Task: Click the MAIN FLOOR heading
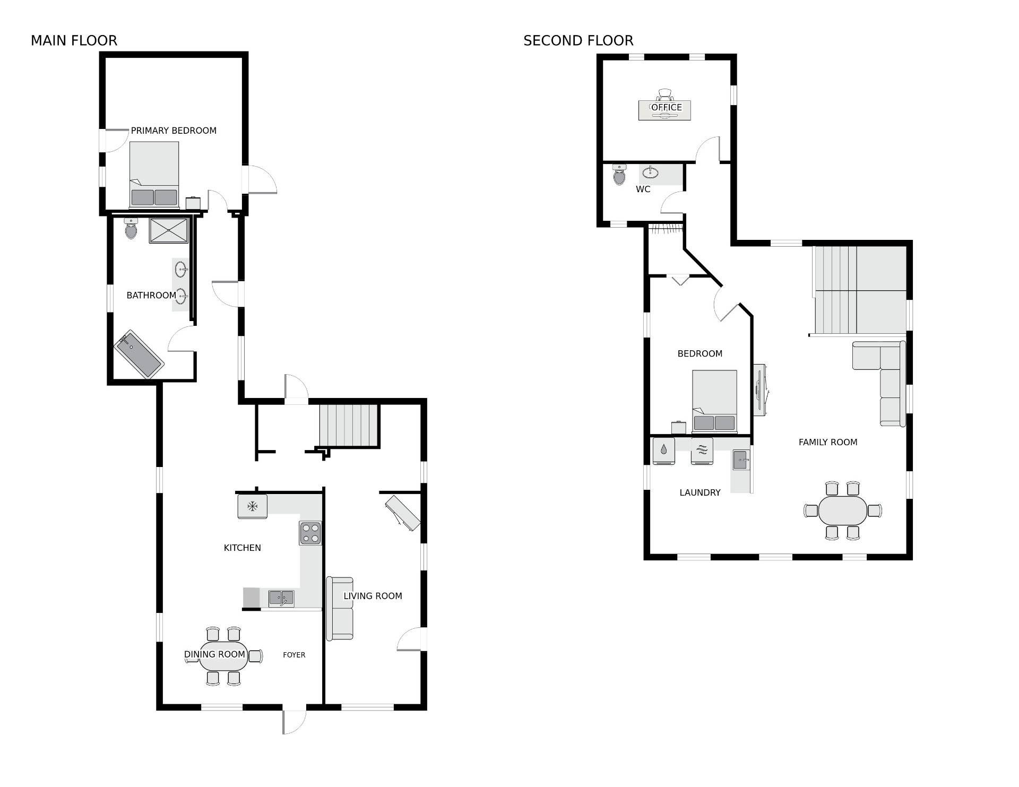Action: point(74,40)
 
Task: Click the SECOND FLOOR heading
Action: point(578,40)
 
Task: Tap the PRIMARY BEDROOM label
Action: point(174,131)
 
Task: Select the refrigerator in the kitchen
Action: point(252,506)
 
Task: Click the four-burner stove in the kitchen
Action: point(310,533)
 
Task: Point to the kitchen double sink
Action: point(281,599)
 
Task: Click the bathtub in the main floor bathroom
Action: point(139,354)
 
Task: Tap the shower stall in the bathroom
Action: point(169,230)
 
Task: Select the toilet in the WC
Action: point(619,174)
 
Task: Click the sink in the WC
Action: point(651,172)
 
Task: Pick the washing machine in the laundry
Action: point(663,451)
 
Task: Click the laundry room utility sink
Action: point(741,460)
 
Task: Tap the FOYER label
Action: point(294,655)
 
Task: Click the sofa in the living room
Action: point(340,608)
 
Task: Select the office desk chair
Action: point(665,94)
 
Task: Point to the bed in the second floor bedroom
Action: point(714,401)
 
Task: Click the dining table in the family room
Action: point(842,511)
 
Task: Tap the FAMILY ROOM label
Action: point(828,442)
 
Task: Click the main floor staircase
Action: point(349,425)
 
